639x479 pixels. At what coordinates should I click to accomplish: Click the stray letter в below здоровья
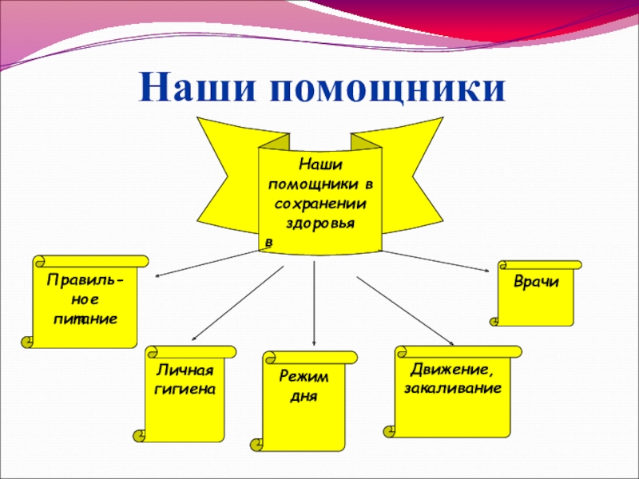click(x=268, y=240)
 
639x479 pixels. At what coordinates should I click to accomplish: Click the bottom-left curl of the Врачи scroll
click(x=494, y=321)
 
